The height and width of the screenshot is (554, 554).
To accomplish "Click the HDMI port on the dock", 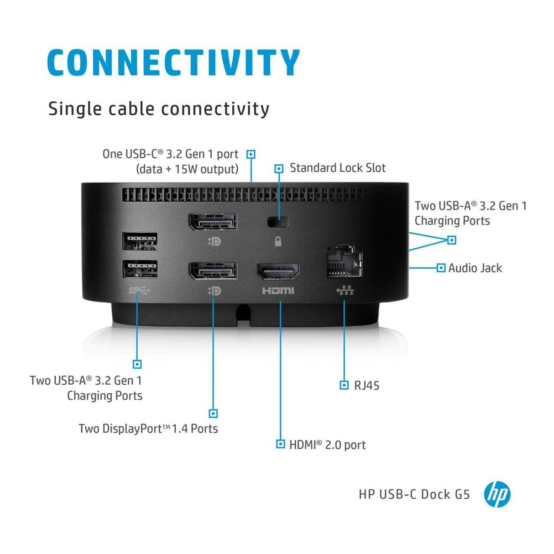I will (x=278, y=272).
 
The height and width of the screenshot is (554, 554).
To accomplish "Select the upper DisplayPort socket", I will (x=213, y=222).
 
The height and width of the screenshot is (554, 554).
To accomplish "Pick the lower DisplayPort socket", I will (x=213, y=271).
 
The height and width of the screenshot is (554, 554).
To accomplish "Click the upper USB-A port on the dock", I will (x=140, y=241).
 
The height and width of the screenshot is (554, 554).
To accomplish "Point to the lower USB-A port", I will (x=140, y=269).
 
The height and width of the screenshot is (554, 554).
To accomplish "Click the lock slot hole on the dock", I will (x=278, y=222).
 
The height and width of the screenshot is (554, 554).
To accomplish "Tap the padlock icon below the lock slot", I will (x=278, y=241).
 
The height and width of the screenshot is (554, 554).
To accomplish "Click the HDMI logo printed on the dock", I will (x=278, y=291).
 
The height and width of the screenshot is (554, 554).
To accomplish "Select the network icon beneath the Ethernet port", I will (x=345, y=291).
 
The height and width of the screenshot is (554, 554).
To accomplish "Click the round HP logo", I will (x=497, y=494).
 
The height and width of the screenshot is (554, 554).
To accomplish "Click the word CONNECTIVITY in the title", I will (x=173, y=63).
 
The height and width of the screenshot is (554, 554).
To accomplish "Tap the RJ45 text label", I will (x=366, y=386).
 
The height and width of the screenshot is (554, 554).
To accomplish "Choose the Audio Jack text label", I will (x=475, y=268).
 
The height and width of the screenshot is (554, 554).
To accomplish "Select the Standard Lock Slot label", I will (x=337, y=168).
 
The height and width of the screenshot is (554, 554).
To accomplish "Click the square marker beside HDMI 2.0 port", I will (x=281, y=444).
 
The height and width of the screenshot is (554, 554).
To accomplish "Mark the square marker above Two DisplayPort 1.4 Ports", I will (x=213, y=413).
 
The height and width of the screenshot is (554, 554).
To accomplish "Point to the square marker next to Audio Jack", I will (x=441, y=268).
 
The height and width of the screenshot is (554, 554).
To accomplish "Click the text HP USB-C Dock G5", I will (x=414, y=494).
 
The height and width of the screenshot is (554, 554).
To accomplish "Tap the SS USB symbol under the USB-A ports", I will (x=139, y=290).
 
